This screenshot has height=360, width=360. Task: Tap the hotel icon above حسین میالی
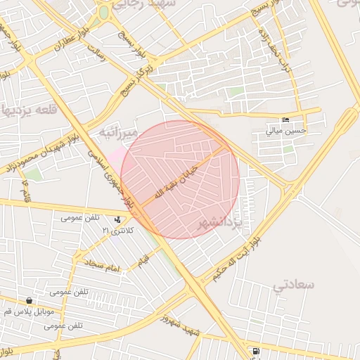[284, 120]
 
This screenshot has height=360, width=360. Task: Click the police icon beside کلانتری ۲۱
[117, 219]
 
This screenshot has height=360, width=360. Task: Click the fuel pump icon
[255, 350]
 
